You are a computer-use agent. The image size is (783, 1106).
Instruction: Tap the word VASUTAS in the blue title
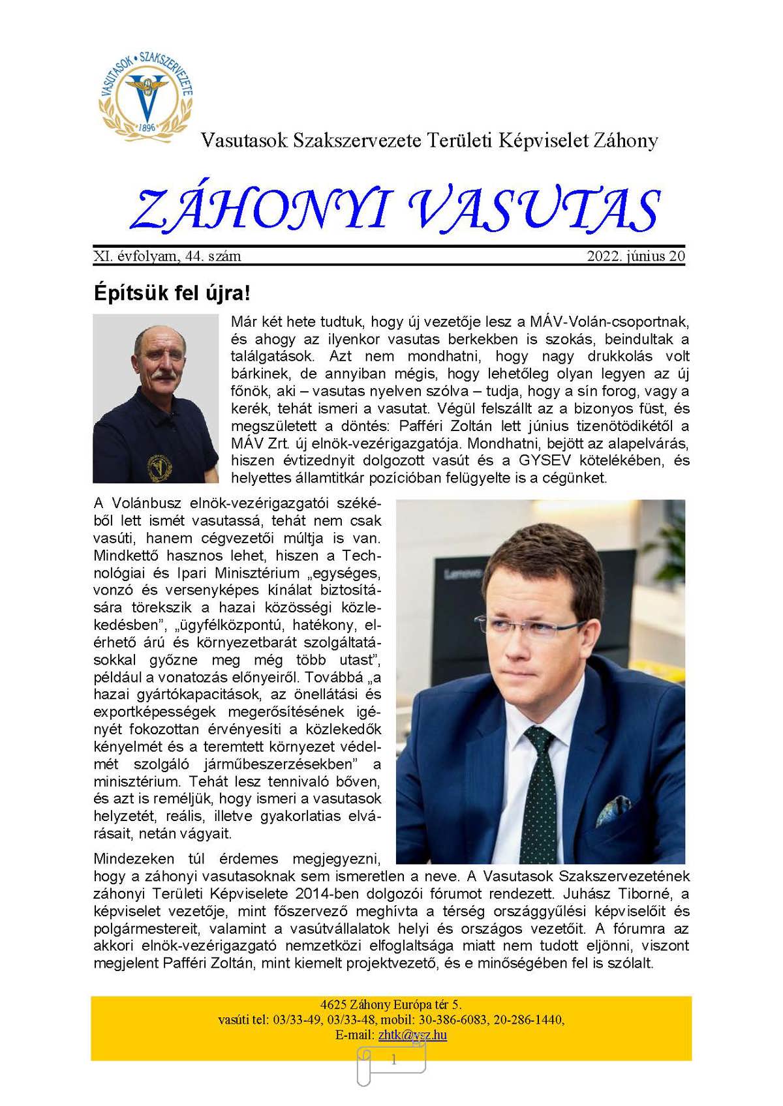[x=534, y=210]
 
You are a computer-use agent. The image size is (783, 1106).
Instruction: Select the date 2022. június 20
[x=636, y=256]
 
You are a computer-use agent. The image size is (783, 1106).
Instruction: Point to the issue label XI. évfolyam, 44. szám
[x=168, y=256]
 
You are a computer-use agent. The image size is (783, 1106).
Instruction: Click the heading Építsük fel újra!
[x=172, y=293]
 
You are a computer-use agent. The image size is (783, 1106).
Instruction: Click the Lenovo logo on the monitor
[x=463, y=573]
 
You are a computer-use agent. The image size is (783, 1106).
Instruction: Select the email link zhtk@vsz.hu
[x=412, y=1035]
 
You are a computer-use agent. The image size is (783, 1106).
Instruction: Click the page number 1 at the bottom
[x=393, y=1060]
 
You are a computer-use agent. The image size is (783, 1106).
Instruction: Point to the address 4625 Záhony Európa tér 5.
[x=391, y=1005]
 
